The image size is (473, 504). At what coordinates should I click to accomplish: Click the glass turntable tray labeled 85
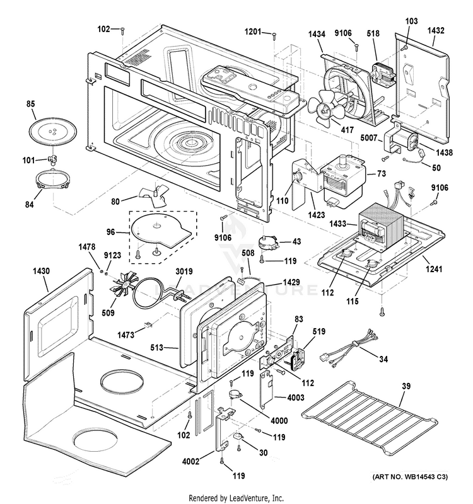click(x=53, y=130)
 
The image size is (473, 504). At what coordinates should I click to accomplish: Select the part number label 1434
click(x=317, y=34)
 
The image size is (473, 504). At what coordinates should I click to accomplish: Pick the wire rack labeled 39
click(x=370, y=417)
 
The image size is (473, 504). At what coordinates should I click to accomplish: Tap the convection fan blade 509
click(x=124, y=285)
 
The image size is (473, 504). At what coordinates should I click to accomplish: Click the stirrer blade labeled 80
click(x=153, y=195)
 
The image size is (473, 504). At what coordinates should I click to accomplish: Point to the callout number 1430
click(x=41, y=272)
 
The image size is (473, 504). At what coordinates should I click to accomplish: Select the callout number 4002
click(x=190, y=461)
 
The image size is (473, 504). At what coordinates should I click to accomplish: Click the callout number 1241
click(x=434, y=268)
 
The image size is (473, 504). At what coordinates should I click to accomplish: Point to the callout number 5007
click(x=368, y=138)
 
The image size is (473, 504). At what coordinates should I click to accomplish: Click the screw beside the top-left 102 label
click(x=122, y=31)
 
